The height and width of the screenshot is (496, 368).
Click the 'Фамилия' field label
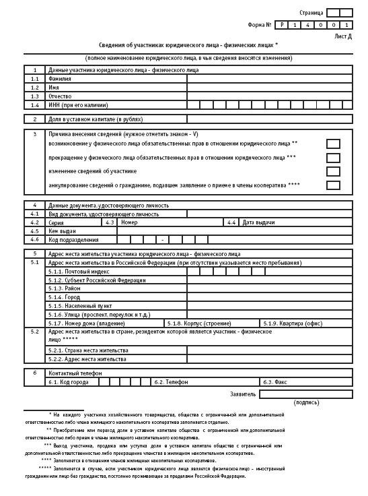tap(60, 79)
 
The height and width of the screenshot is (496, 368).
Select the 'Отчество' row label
tap(61, 96)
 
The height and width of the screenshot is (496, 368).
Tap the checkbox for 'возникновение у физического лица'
tap(332, 144)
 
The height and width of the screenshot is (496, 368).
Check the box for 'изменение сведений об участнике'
tap(332, 172)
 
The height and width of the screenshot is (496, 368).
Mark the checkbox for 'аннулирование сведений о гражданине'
tap(332, 186)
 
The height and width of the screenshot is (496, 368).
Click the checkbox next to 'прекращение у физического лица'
tap(332, 158)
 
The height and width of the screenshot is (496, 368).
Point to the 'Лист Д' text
tap(342, 36)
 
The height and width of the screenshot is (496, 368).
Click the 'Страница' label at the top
tap(311, 13)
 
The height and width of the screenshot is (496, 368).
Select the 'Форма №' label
tap(260, 25)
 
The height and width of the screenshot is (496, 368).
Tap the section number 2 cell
tap(34, 119)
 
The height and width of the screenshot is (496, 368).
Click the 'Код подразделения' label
tap(73, 240)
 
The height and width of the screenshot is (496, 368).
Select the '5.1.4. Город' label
tap(64, 297)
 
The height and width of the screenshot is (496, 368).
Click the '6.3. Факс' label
tap(275, 381)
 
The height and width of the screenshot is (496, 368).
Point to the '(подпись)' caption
tap(307, 402)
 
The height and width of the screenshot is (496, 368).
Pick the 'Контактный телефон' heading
tap(73, 373)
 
